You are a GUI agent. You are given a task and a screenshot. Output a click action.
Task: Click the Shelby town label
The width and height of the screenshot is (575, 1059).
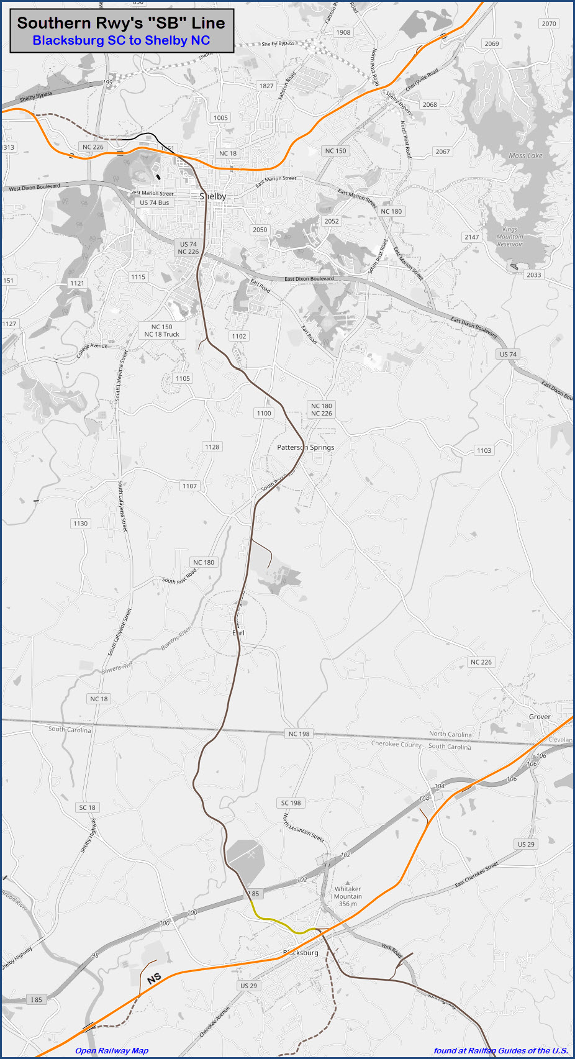(x=213, y=196)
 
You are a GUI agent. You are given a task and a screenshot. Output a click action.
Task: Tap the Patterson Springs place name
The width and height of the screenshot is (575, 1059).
(x=306, y=447)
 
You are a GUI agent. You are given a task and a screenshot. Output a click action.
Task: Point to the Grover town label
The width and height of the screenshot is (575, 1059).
(x=540, y=717)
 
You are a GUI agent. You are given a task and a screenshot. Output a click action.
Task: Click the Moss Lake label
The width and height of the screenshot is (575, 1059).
(x=525, y=156)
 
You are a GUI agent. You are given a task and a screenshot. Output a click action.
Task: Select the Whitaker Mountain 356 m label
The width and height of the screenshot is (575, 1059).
(x=348, y=896)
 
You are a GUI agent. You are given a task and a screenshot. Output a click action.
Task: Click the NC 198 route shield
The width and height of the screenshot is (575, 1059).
(x=299, y=734)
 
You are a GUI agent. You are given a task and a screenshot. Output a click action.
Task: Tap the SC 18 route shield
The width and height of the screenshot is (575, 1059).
(x=88, y=807)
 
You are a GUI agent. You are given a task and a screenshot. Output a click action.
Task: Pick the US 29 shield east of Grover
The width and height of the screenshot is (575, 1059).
(x=526, y=844)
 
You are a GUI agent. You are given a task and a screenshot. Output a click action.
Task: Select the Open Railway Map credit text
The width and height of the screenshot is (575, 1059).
(x=112, y=1051)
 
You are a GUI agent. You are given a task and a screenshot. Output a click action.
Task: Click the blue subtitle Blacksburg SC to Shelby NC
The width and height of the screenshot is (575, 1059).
(x=121, y=40)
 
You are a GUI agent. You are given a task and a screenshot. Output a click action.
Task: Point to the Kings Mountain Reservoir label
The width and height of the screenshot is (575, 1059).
(x=510, y=237)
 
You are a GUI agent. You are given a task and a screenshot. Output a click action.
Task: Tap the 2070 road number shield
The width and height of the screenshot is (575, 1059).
(x=549, y=24)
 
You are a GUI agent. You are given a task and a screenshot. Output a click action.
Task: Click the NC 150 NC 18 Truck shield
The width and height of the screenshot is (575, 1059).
(x=162, y=330)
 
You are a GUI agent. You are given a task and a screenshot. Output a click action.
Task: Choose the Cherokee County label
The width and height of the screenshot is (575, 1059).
(x=396, y=743)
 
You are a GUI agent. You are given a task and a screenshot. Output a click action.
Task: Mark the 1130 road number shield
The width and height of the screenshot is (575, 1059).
(x=81, y=524)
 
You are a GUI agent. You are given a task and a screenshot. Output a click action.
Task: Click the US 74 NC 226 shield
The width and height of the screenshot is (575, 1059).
(x=188, y=248)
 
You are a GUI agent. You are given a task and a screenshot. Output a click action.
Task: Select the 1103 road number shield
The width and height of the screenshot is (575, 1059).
(x=484, y=450)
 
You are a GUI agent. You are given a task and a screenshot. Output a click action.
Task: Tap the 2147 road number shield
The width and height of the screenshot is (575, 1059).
(x=472, y=237)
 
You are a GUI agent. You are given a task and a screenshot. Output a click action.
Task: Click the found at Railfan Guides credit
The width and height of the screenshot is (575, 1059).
(x=500, y=1051)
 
